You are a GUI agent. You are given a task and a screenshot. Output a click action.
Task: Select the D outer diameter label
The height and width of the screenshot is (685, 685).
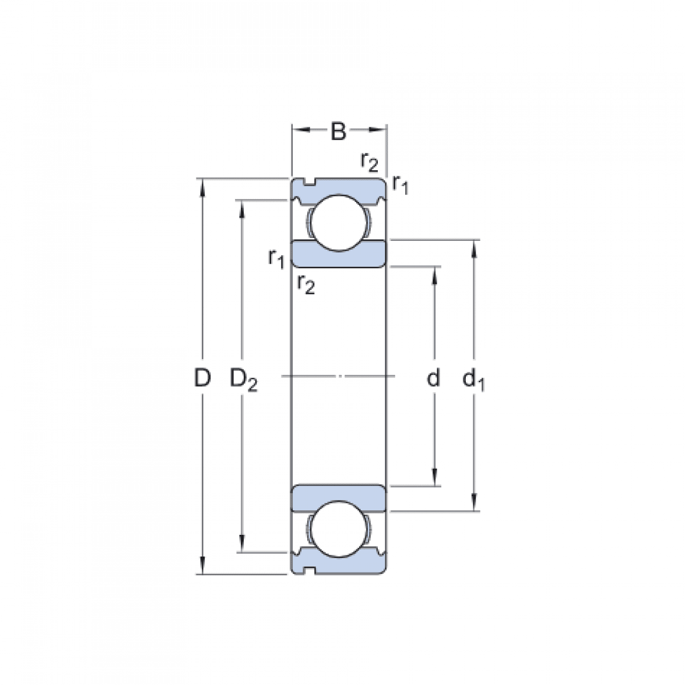point(202,377)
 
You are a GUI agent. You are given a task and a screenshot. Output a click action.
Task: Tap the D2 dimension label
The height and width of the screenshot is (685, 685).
point(243,378)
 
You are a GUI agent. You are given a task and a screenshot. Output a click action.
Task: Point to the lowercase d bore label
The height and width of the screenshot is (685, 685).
point(434,377)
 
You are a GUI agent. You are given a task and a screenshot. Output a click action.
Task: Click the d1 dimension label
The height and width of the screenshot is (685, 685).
point(473,378)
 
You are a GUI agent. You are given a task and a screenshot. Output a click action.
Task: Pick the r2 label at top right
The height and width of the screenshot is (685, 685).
point(369,162)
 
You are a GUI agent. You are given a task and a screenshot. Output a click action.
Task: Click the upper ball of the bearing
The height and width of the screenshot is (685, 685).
point(339,223)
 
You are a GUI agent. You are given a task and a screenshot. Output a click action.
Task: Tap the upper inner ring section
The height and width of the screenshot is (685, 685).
point(339,255)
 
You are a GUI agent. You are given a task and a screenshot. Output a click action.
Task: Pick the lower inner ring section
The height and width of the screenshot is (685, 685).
point(339,497)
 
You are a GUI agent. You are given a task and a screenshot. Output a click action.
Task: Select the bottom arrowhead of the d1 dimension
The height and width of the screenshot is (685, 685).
point(474,502)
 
